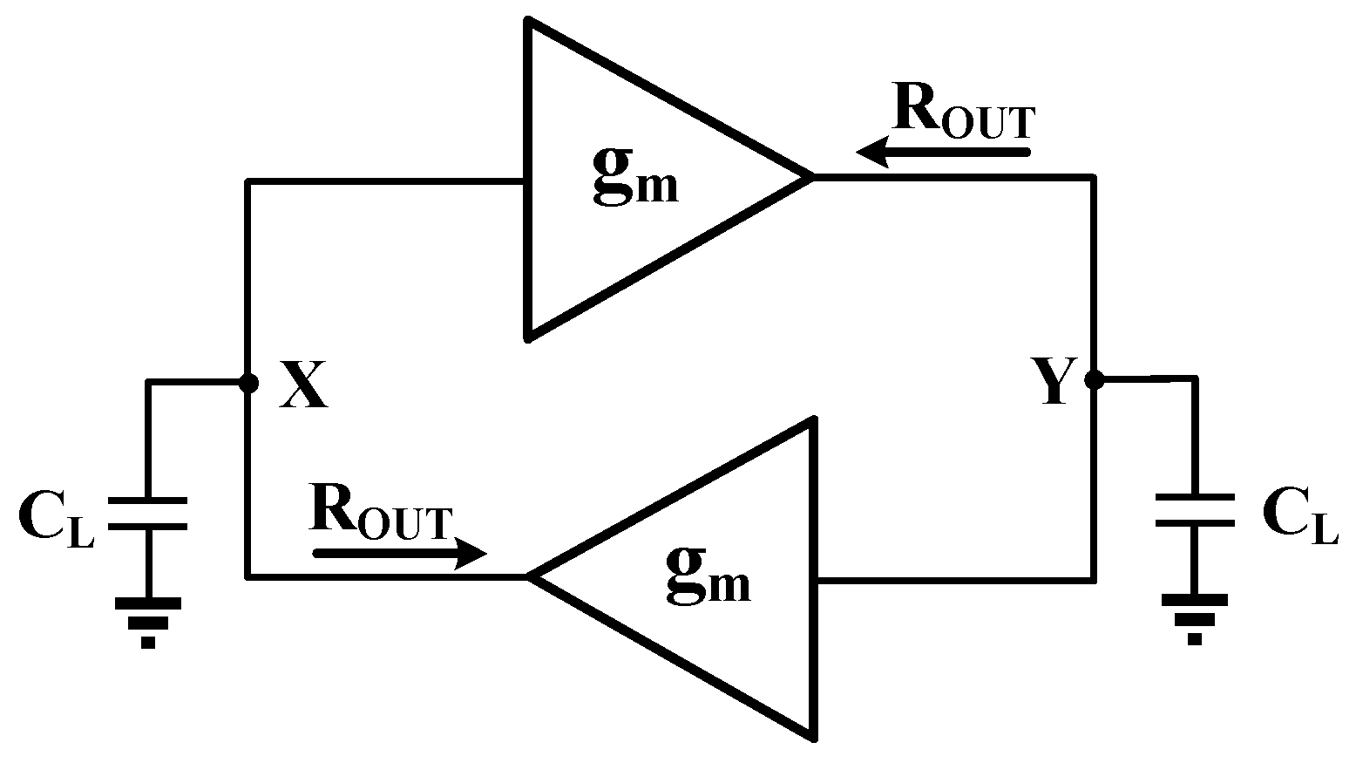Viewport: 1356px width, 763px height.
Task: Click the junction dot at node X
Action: [x=248, y=383]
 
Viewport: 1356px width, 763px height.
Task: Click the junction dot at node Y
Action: [x=1093, y=380]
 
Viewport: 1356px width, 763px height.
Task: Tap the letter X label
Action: [x=303, y=385]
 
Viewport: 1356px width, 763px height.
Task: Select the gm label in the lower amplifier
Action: [x=708, y=578]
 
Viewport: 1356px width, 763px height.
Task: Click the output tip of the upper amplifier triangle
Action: [x=809, y=177]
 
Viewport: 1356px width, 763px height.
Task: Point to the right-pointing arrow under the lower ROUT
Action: [x=399, y=553]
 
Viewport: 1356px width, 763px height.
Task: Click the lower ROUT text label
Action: [x=381, y=514]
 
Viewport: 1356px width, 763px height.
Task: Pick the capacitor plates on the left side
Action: [x=147, y=514]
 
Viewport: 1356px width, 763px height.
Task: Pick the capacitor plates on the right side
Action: [x=1194, y=510]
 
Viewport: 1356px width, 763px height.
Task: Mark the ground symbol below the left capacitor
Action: [x=147, y=622]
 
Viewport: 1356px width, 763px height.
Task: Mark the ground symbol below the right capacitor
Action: [x=1194, y=618]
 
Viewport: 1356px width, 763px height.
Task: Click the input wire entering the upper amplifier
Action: [x=388, y=182]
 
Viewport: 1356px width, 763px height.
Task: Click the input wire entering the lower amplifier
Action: [x=954, y=578]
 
